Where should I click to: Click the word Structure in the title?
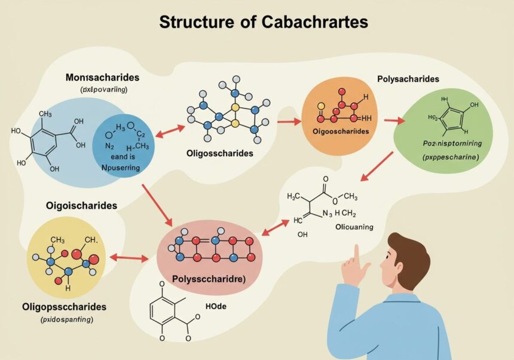(190, 22)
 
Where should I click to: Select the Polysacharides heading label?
(408, 79)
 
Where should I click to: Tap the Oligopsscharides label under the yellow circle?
(64, 307)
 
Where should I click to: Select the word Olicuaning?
(354, 227)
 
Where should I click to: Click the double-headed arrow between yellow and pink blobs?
(128, 258)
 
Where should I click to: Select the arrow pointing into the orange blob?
(289, 122)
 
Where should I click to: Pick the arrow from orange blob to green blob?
(392, 121)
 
